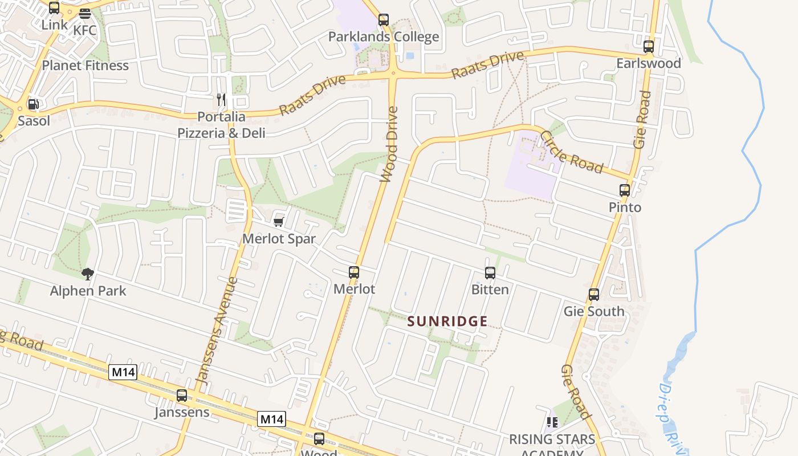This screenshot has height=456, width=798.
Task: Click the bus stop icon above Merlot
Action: point(354,272)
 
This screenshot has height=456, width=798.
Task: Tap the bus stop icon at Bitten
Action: point(490,273)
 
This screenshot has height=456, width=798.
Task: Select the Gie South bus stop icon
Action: point(594,295)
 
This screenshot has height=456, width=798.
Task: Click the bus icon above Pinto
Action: point(625,190)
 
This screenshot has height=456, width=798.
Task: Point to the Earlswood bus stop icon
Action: point(648,47)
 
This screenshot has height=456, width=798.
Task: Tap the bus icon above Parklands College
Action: point(384,20)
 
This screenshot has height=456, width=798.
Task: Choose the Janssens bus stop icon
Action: point(182,395)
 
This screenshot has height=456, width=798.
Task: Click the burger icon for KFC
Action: point(85,14)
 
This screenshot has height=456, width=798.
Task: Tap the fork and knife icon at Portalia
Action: point(221,100)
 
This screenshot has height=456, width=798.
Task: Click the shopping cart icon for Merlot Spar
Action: point(279,222)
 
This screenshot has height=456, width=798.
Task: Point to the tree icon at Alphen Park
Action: point(87,274)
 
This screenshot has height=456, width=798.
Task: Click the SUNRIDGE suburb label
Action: point(447,321)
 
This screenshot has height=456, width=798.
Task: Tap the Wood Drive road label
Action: point(390,144)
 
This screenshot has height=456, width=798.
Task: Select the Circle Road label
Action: point(571,152)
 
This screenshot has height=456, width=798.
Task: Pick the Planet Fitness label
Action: point(85,65)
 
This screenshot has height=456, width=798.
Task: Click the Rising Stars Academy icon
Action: point(552,422)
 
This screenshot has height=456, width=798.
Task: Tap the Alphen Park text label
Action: point(88,291)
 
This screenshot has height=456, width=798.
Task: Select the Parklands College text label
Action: point(384,37)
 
